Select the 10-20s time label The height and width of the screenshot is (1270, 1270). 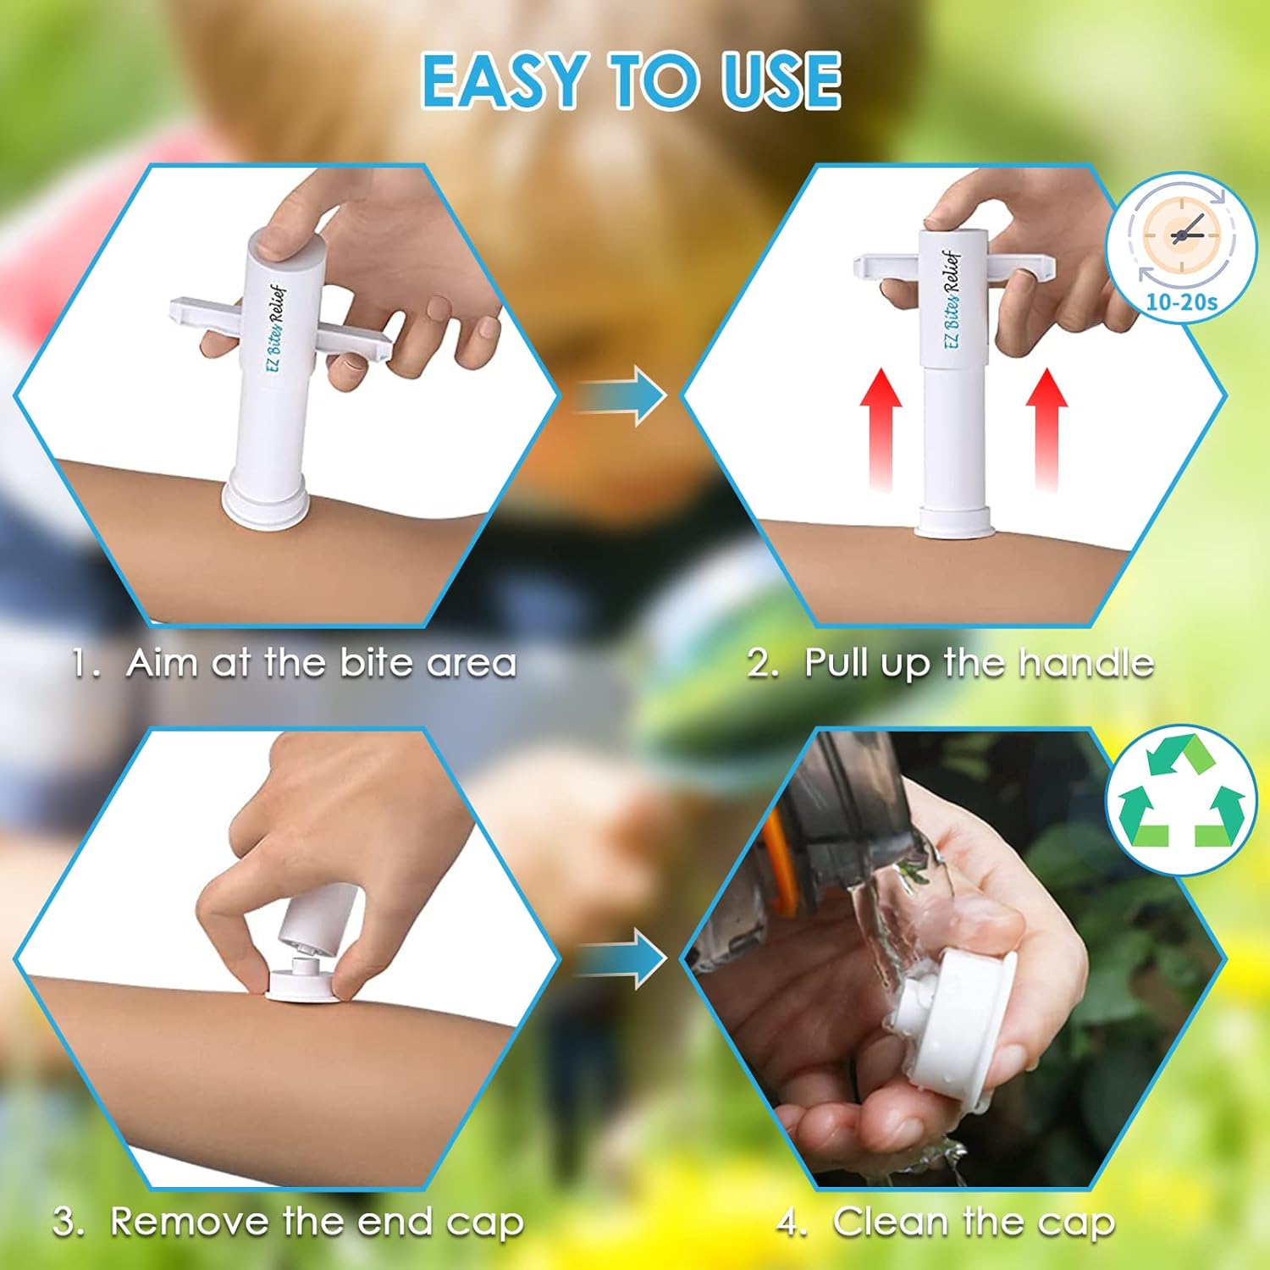(1182, 301)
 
